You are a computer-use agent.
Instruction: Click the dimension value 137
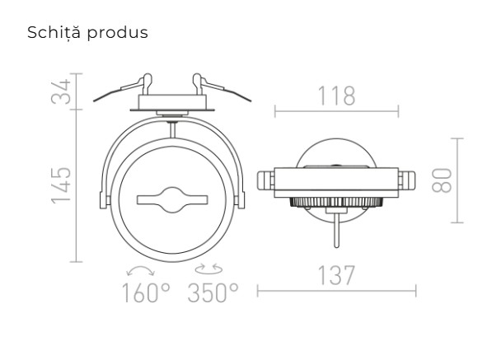click(336, 276)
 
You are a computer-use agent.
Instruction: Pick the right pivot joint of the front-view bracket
click(241, 199)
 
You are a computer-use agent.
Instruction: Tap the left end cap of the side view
click(264, 180)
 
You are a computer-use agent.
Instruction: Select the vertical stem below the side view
click(335, 227)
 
